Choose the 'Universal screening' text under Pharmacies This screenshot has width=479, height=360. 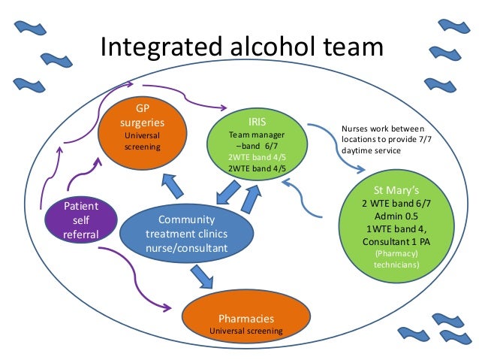pyautogui.click(x=246, y=330)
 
